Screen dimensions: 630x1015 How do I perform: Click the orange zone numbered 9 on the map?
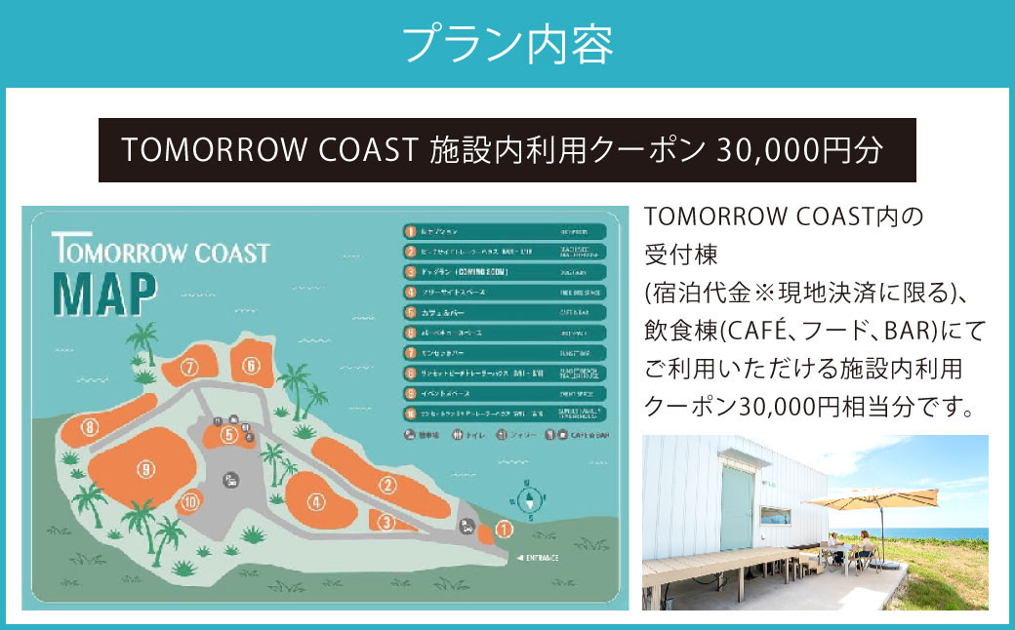coord(145,470)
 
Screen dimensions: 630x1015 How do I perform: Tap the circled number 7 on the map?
coord(189,368)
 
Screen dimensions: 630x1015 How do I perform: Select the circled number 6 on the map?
coord(251,366)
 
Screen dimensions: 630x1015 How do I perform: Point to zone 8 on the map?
coord(91,427)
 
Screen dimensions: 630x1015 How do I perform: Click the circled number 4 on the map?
coord(315,502)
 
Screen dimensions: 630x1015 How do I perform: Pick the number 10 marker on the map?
coord(190,502)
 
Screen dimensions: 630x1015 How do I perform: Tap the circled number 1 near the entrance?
coord(504,530)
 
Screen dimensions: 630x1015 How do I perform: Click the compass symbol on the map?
coord(528,499)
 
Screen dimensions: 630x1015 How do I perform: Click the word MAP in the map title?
coord(104,292)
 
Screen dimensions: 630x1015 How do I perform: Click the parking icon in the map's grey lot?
coord(231,480)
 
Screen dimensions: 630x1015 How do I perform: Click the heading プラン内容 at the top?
coord(507,43)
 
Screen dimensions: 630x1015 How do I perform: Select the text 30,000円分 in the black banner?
coord(799,149)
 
